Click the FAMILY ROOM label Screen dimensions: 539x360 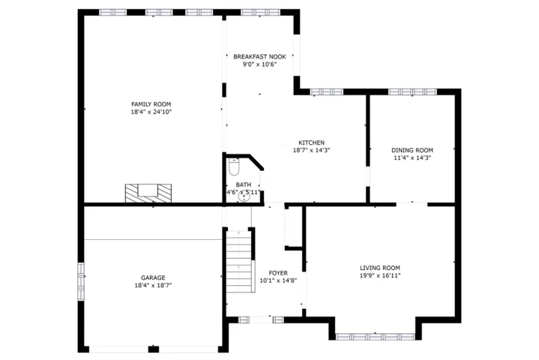click(151, 104)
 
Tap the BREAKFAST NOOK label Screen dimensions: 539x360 click(259, 57)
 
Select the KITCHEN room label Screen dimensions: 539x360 click(311, 142)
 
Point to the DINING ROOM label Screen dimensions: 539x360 click(412, 150)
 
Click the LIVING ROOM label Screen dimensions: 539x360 click(380, 268)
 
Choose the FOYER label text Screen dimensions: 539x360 click(278, 273)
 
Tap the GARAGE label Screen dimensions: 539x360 click(153, 277)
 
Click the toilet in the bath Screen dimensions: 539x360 click(234, 166)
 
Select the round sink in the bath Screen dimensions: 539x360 click(244, 197)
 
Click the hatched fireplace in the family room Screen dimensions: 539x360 click(148, 193)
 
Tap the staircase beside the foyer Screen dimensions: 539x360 click(240, 262)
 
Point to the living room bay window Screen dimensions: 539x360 click(375, 337)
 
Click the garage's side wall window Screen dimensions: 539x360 click(81, 281)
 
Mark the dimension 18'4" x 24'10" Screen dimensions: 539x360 click(151, 112)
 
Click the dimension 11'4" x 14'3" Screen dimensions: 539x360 click(412, 157)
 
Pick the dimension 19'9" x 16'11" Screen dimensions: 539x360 click(380, 275)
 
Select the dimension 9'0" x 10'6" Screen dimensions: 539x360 click(259, 64)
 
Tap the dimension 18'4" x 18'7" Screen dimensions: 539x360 click(153, 285)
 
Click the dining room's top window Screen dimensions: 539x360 click(412, 91)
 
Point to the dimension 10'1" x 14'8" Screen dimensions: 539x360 click(278, 280)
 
